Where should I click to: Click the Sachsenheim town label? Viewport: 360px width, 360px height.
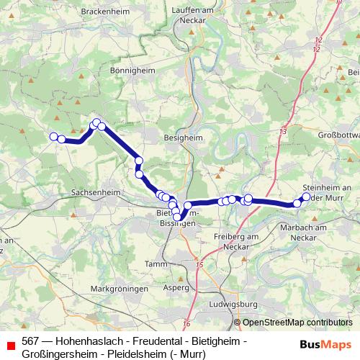[x=95, y=193]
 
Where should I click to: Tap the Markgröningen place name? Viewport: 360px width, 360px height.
[x=120, y=288]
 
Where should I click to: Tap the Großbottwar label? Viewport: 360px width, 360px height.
[x=338, y=135]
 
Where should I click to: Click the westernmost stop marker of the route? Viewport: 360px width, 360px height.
[x=53, y=136]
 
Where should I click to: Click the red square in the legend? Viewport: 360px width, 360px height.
[x=11, y=346]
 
